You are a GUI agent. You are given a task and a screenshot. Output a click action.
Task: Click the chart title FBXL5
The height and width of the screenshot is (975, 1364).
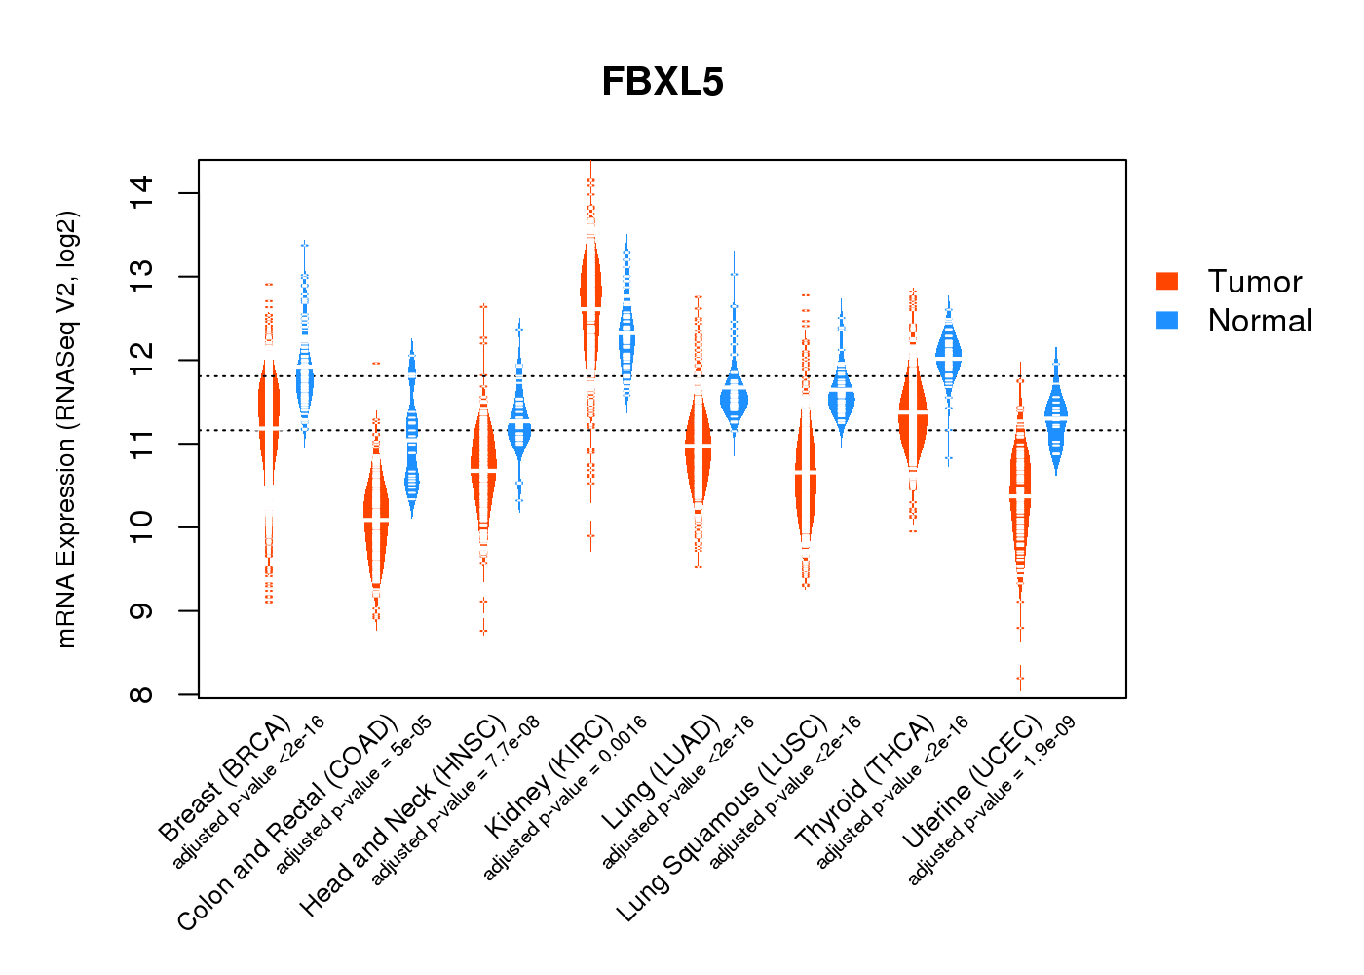click(663, 82)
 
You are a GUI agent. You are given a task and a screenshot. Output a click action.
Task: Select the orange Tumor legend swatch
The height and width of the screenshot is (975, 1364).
click(1167, 281)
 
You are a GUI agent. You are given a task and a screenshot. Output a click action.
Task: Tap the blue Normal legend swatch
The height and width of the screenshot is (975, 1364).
click(1167, 320)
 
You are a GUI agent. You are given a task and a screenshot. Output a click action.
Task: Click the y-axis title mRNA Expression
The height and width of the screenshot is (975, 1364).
click(66, 429)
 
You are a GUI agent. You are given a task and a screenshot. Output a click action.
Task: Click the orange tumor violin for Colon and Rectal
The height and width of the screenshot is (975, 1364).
click(376, 517)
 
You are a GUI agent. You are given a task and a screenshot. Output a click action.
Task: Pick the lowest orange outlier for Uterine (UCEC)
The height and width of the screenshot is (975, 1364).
click(1020, 678)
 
